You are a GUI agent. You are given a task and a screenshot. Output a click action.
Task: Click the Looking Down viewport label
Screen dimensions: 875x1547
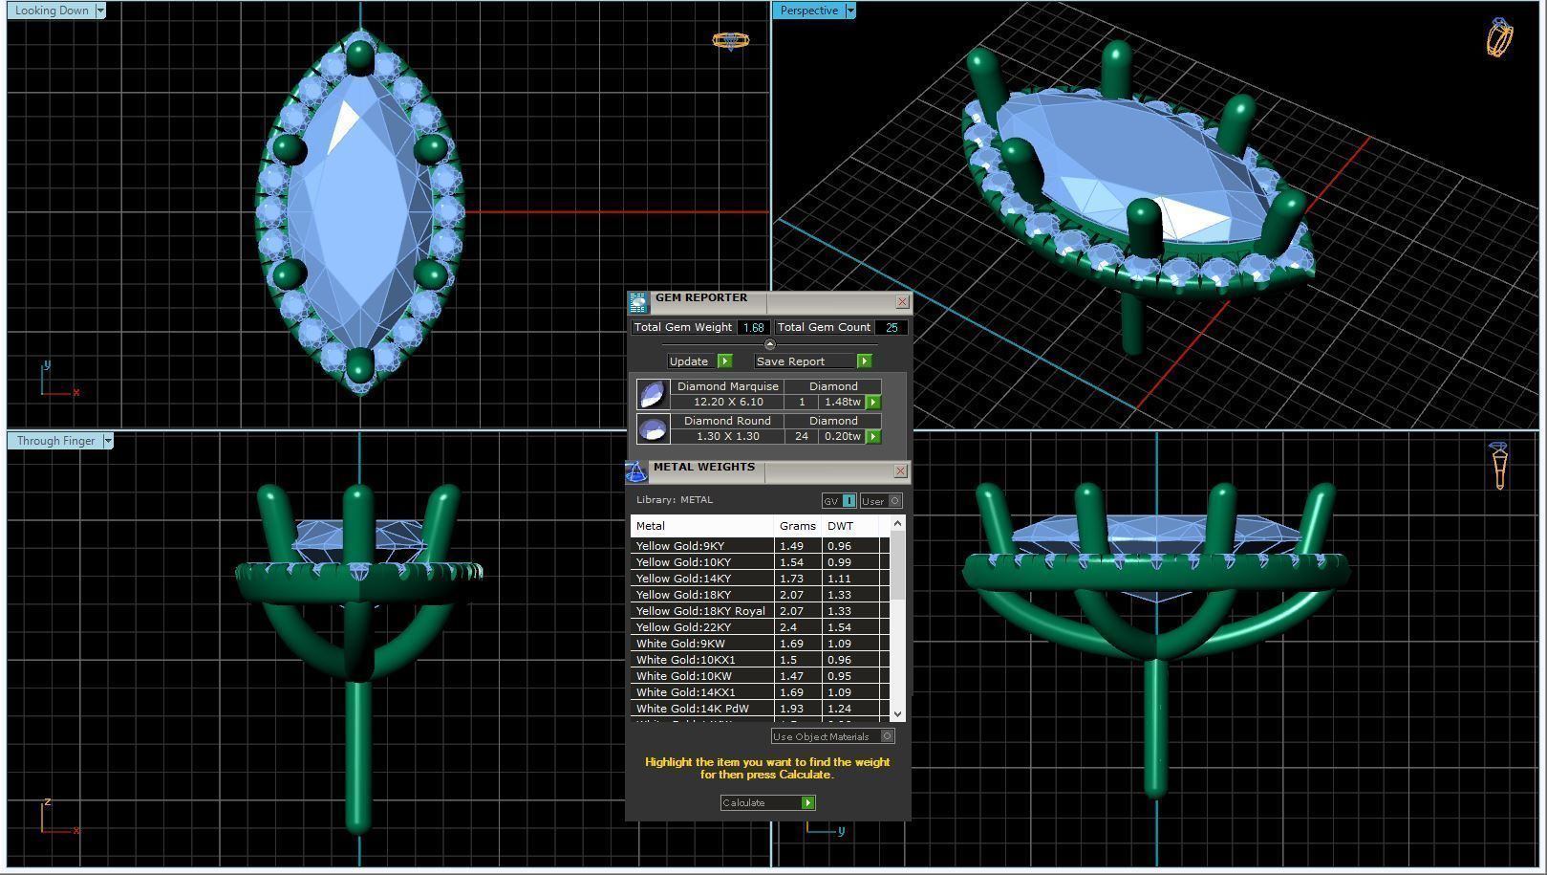click(52, 11)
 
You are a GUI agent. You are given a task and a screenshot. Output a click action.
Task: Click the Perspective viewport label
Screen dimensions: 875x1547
click(808, 11)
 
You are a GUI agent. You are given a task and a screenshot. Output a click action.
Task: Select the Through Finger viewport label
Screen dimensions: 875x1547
click(55, 441)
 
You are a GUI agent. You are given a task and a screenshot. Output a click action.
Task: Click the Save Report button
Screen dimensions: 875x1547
click(790, 361)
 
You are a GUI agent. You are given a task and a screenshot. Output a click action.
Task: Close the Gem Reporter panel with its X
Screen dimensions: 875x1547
click(902, 302)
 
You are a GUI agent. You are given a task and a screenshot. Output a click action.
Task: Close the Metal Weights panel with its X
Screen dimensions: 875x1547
click(900, 471)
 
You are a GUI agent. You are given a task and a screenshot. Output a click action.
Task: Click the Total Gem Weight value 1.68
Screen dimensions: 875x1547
click(753, 327)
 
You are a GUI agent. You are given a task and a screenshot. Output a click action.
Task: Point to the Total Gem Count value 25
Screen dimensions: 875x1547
click(892, 327)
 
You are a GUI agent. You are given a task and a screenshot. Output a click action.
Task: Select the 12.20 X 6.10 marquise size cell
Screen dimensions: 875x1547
click(727, 402)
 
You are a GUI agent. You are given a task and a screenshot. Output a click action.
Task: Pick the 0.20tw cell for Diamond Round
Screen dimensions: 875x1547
click(842, 436)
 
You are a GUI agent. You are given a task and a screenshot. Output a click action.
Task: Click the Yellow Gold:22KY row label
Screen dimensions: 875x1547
click(683, 627)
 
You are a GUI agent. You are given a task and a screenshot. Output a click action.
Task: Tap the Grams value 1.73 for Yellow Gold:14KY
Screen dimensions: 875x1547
click(791, 579)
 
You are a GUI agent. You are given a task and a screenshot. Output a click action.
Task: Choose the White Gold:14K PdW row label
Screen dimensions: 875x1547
click(692, 709)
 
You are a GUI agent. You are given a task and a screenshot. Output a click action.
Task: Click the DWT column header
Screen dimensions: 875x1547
click(840, 526)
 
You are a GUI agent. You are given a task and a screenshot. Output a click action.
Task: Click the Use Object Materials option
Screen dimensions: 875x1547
click(821, 736)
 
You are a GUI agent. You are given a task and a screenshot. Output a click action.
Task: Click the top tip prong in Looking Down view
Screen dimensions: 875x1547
click(360, 55)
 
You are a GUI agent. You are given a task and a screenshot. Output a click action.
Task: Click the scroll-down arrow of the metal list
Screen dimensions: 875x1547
click(896, 714)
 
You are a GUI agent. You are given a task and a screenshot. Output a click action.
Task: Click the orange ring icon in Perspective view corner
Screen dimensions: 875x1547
click(1499, 37)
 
